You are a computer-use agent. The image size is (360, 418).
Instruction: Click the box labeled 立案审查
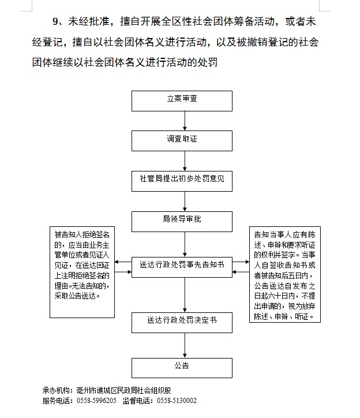pos(182,99)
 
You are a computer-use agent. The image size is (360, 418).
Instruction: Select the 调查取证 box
pos(182,139)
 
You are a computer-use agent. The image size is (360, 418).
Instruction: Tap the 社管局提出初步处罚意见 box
pos(182,180)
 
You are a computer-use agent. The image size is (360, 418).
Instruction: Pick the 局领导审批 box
pos(182,220)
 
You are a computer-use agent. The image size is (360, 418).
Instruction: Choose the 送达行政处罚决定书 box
pos(182,320)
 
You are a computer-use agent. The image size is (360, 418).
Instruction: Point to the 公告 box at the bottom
pos(182,366)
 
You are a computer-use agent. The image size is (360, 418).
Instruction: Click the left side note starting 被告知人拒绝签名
pos(82,264)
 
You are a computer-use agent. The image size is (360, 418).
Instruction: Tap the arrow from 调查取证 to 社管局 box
pos(185,160)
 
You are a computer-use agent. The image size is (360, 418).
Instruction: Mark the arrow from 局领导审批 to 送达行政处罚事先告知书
pos(185,242)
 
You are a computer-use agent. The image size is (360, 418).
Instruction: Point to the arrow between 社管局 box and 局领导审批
pos(185,200)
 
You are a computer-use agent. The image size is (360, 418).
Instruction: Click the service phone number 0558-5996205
pos(96,400)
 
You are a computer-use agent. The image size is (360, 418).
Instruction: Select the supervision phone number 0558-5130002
pos(177,400)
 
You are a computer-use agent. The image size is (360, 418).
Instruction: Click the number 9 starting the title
pos(55,23)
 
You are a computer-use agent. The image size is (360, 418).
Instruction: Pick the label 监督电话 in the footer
pos(137,400)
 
